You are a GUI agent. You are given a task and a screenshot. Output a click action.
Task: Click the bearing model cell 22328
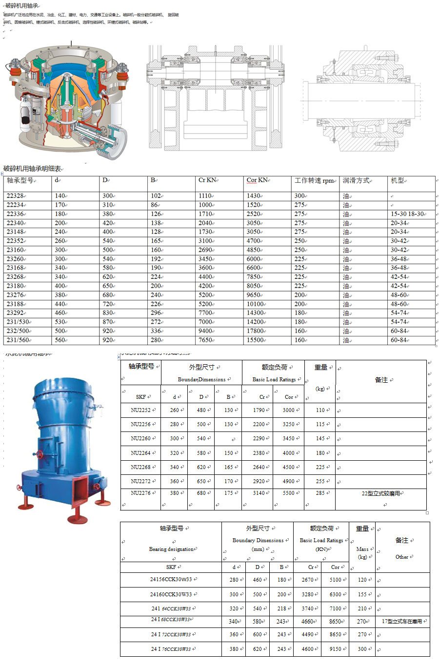click(x=15, y=196)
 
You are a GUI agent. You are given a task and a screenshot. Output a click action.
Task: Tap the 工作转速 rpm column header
click(x=315, y=181)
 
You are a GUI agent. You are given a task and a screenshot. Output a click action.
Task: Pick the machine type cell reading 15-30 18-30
click(x=408, y=214)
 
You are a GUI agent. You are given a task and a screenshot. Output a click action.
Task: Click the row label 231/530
click(x=19, y=322)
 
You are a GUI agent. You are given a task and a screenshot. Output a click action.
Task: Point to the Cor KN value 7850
click(x=254, y=277)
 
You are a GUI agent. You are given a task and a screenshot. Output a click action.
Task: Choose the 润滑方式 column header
click(x=356, y=181)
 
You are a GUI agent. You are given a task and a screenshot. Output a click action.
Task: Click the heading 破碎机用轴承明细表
click(x=32, y=169)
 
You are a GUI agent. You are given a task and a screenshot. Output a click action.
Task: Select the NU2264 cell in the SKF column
click(x=140, y=453)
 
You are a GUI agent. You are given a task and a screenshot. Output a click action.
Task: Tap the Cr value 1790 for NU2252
click(x=259, y=411)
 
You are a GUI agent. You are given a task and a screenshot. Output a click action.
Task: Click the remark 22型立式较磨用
click(x=380, y=493)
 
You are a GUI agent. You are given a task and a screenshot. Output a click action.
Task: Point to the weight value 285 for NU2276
click(x=320, y=493)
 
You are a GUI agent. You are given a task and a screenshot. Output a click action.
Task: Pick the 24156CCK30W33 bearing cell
click(x=171, y=580)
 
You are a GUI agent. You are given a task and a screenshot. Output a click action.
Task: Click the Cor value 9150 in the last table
click(x=335, y=649)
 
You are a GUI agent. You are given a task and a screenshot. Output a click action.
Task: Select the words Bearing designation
click(x=171, y=549)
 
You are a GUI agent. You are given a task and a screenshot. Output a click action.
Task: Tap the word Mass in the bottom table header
click(x=362, y=549)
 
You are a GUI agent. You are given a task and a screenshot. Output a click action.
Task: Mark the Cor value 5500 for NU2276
click(x=289, y=493)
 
